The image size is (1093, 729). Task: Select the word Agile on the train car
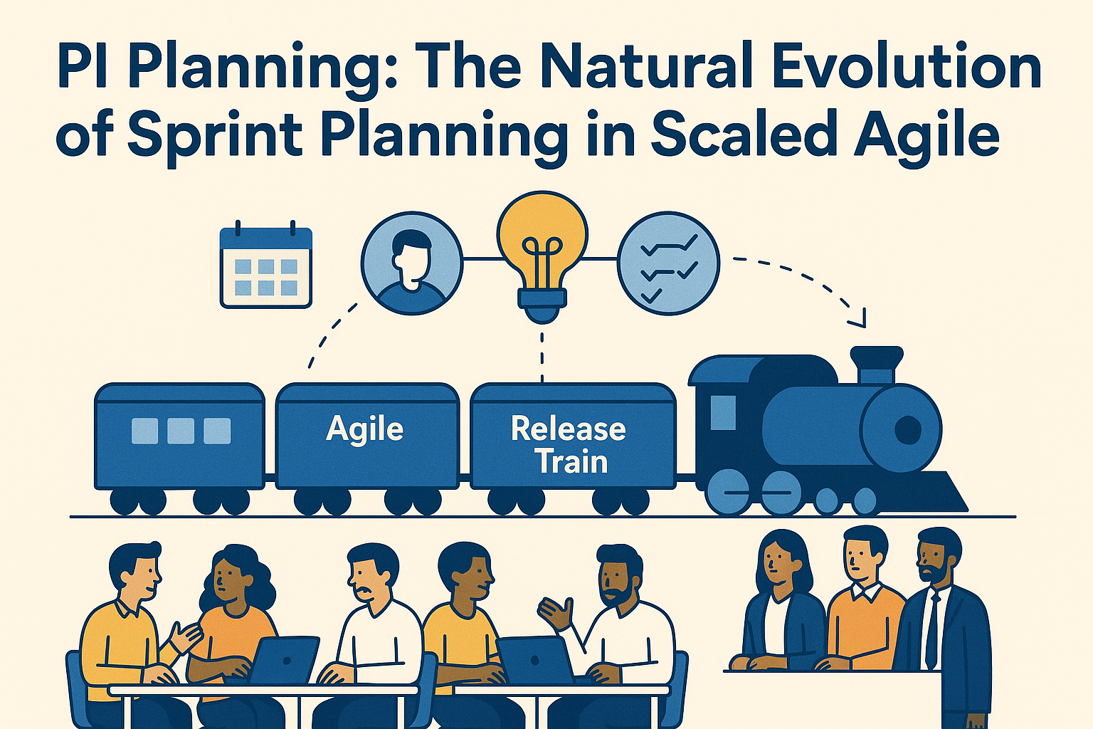[x=364, y=429]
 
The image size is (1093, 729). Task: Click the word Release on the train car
[x=568, y=429]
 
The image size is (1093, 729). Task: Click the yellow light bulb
[x=542, y=246]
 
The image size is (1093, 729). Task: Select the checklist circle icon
[x=668, y=263]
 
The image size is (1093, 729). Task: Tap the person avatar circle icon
[x=411, y=263]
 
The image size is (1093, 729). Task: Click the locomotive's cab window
[x=723, y=413]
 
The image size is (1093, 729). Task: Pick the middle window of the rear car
[x=180, y=431]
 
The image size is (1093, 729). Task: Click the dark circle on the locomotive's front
[x=907, y=429]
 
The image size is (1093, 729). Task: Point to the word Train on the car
[x=571, y=461]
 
